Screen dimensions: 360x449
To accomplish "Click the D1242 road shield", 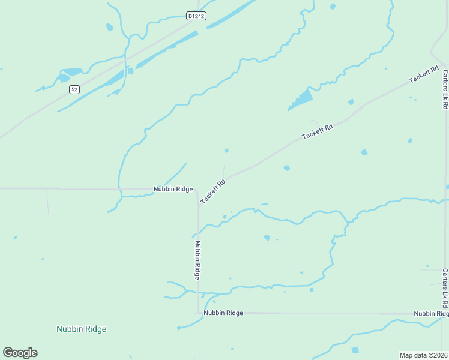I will click(196, 16).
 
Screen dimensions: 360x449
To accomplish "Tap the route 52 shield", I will click(74, 89).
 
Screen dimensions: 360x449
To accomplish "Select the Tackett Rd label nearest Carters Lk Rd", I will click(424, 76).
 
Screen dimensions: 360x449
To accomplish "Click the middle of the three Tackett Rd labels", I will click(317, 132).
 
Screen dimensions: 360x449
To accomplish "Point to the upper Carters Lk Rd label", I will click(445, 89).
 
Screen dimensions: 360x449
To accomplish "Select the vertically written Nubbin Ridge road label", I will click(197, 260).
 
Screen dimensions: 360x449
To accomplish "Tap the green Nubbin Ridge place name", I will click(81, 329).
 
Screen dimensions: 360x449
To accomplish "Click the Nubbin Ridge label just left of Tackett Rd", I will click(173, 189).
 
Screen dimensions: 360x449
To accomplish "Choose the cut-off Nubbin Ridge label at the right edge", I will click(431, 314).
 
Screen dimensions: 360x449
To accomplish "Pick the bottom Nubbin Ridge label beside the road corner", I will click(223, 313).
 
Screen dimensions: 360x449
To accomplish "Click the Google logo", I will click(20, 353).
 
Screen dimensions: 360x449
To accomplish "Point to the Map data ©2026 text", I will click(423, 355).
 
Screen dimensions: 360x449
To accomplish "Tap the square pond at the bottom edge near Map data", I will click(355, 350).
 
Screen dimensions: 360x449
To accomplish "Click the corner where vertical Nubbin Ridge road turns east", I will click(197, 313).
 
